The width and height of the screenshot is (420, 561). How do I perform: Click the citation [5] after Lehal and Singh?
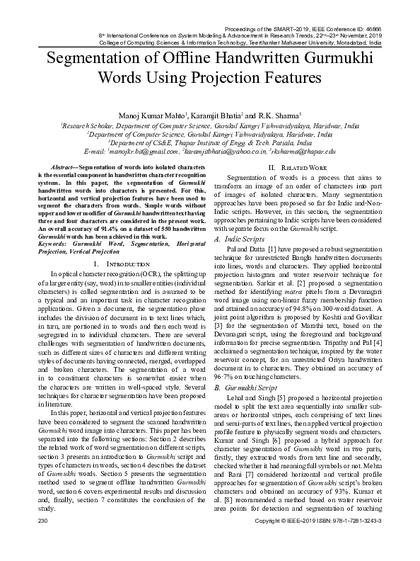coord(281,399)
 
